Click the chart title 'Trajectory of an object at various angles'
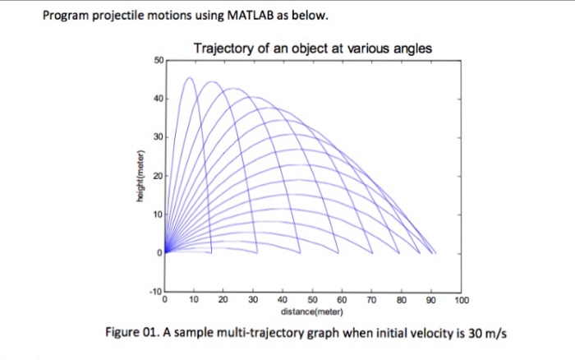312,48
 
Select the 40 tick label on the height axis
159,99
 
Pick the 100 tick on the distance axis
461,302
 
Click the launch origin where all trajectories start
167,252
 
